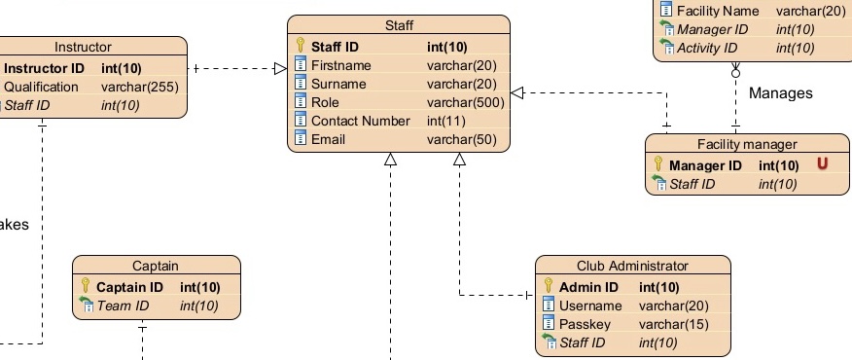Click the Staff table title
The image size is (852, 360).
[399, 24]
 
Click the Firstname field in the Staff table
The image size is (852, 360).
[340, 65]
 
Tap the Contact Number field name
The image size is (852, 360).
[360, 121]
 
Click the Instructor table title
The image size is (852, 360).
[83, 46]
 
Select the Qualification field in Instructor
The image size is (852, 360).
[42, 87]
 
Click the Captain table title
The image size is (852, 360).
[156, 265]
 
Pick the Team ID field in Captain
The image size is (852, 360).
[122, 306]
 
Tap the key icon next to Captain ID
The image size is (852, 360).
[85, 287]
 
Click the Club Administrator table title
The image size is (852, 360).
[632, 265]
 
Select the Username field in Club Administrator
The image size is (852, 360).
[591, 306]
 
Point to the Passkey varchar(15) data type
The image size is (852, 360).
[672, 324]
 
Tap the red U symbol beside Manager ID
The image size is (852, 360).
[823, 164]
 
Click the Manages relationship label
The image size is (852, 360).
[780, 93]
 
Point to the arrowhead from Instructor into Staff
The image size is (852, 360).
[280, 68]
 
